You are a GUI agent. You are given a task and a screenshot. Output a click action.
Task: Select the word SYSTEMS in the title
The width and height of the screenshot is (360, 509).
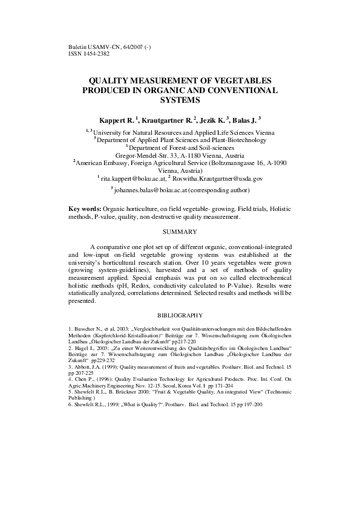click(x=180, y=100)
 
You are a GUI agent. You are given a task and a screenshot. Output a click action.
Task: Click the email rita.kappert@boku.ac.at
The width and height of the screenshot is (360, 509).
click(x=132, y=179)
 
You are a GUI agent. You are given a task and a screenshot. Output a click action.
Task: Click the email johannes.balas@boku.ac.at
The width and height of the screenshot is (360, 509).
click(x=150, y=189)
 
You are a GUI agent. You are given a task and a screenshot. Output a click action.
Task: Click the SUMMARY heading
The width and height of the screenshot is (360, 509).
click(x=180, y=232)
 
